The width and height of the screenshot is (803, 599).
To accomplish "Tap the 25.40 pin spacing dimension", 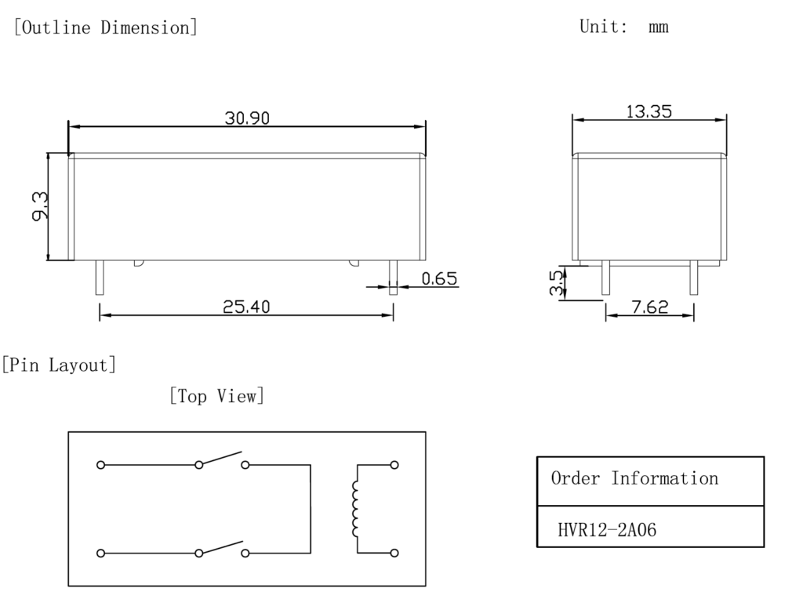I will [246, 307].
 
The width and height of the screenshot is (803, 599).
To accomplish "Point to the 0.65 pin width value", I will [439, 278].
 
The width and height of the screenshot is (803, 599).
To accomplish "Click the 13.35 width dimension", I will [649, 111].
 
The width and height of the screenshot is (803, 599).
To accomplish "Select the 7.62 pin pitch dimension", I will [649, 307].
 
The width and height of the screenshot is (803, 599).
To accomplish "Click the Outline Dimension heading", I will [105, 27].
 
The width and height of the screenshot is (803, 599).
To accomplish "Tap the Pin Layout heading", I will [59, 365].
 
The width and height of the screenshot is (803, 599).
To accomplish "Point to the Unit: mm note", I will [623, 27].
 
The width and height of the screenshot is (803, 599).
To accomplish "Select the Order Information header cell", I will [634, 478].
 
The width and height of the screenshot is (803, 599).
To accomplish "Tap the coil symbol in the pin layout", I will [356, 509].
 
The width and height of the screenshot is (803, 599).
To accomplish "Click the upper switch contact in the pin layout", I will [222, 459].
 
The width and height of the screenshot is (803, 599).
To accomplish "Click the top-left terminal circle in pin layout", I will [100, 465].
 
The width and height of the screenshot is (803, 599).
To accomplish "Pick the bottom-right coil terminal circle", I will [394, 553].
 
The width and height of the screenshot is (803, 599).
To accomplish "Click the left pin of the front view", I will [100, 278].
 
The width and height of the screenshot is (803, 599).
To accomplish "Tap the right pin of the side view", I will [693, 278].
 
